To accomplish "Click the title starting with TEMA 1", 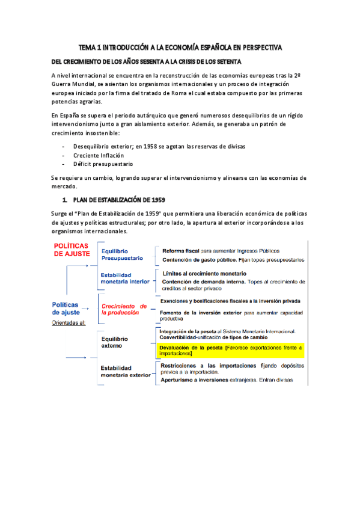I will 180,47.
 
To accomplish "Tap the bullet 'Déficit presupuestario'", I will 103,164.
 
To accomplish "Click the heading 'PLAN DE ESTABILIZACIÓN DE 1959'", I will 119,199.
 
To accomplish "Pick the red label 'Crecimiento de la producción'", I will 124,309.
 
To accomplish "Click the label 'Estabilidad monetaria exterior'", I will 125,371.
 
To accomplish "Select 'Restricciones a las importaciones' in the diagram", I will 201,365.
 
